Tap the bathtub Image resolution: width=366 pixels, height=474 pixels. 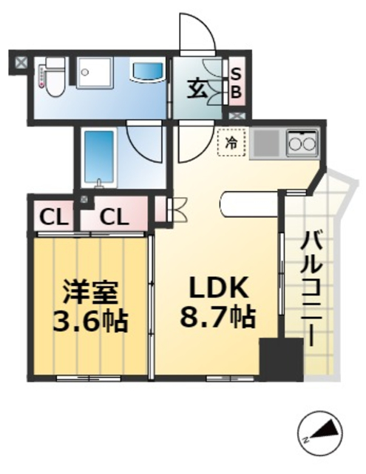[x=98, y=158]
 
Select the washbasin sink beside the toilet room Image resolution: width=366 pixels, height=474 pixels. [x=148, y=72]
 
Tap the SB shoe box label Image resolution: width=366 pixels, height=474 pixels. [x=237, y=83]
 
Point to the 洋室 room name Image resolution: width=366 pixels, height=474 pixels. [x=89, y=291]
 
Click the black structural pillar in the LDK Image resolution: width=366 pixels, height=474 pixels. [x=281, y=358]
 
